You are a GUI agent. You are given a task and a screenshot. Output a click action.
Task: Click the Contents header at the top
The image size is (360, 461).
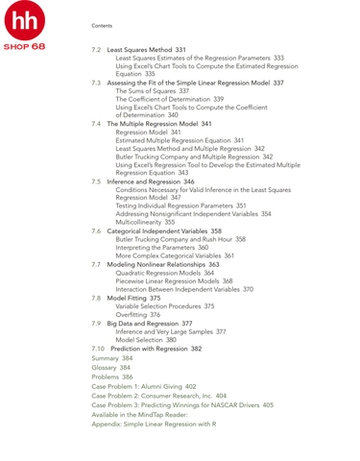click(101, 25)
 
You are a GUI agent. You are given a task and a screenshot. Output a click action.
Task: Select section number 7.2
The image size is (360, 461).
click(97, 49)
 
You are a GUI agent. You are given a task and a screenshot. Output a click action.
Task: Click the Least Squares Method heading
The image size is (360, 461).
click(139, 49)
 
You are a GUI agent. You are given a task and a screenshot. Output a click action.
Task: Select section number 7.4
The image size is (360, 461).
click(97, 124)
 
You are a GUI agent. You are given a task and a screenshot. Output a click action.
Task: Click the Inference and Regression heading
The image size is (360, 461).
click(145, 182)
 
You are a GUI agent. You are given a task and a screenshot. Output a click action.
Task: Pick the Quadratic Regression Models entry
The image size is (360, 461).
click(164, 273)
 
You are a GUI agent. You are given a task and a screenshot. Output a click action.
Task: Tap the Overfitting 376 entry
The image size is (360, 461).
click(137, 314)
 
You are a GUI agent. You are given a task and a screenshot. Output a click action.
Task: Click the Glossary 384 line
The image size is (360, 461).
click(110, 368)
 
